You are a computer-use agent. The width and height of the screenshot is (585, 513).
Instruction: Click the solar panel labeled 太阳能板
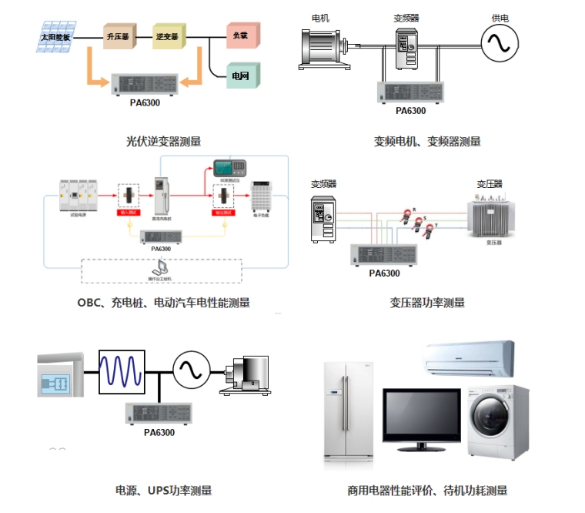click(55, 37)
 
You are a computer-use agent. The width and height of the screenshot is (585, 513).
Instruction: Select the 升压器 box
click(118, 35)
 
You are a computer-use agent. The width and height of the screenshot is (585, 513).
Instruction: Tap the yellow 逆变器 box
click(169, 35)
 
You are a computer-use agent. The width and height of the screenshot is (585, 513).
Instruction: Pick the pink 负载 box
click(242, 35)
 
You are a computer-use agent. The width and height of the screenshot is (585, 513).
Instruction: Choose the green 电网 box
click(242, 75)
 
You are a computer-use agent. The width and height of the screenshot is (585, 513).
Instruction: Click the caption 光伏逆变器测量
click(164, 141)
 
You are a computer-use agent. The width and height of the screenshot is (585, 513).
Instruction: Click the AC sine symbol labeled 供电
click(498, 43)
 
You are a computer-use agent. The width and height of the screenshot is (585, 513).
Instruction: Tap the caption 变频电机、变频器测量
click(427, 141)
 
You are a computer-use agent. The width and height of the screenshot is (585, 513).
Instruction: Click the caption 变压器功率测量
click(427, 303)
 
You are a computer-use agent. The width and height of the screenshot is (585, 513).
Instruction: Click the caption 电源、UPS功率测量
click(163, 490)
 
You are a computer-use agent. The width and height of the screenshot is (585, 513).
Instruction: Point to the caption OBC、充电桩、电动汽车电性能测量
click(163, 303)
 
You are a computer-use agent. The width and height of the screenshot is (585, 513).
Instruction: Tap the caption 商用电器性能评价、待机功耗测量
click(427, 490)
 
